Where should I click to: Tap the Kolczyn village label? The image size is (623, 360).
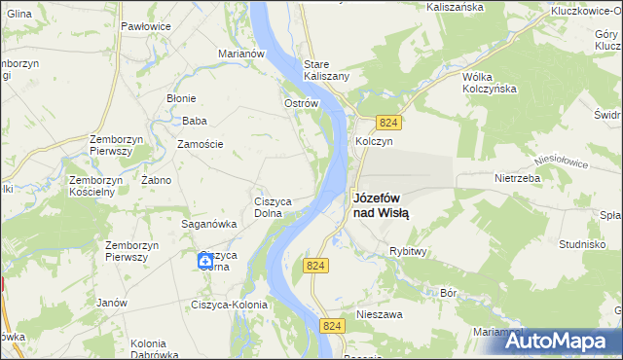tap(374, 140)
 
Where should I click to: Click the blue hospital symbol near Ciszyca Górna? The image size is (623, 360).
tap(205, 260)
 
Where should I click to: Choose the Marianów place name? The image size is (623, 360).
tap(242, 54)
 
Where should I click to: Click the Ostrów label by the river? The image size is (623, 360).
tap(301, 103)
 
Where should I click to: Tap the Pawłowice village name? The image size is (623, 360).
tap(146, 27)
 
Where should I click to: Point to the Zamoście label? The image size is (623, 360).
tap(200, 144)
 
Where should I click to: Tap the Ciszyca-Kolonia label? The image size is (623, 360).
tap(229, 305)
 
